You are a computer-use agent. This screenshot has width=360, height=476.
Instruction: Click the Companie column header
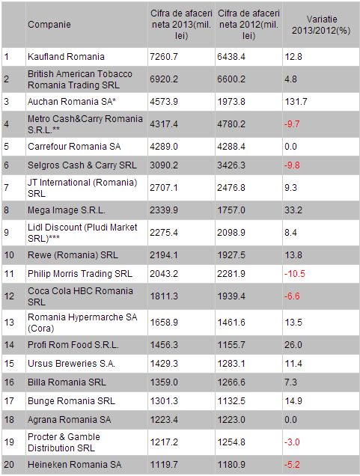tap(49, 25)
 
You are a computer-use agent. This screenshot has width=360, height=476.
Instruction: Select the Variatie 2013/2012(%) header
tap(321, 25)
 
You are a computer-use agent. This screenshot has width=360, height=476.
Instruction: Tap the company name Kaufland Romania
tap(66, 57)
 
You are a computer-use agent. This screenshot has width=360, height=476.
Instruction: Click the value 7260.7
tap(164, 57)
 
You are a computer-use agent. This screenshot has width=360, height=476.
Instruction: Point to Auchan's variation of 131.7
tap(296, 101)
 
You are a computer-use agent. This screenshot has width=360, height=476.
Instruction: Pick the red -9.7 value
tap(292, 124)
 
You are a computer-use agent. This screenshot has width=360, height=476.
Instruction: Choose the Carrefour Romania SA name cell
tap(74, 147)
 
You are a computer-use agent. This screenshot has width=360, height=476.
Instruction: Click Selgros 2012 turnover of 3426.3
tap(231, 165)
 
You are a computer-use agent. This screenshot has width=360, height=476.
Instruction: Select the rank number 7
tap(7, 188)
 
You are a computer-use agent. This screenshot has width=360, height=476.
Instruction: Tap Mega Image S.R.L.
tap(66, 210)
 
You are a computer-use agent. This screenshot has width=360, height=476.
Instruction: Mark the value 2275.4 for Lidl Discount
tap(164, 233)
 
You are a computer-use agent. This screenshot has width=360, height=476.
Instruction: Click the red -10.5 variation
tap(295, 274)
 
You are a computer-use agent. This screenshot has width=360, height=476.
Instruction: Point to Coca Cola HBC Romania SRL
tap(80, 296)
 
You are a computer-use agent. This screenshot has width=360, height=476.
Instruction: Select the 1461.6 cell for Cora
tap(231, 323)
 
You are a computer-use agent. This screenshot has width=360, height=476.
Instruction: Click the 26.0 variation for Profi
tap(293, 345)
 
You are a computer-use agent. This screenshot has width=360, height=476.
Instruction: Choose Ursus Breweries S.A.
tap(71, 364)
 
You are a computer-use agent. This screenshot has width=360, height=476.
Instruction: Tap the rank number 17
tap(9, 401)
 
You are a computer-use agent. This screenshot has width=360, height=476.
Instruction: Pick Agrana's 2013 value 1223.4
tap(164, 420)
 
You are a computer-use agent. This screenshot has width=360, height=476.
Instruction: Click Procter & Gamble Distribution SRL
tap(64, 442)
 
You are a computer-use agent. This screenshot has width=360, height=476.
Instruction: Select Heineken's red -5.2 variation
tap(292, 465)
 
